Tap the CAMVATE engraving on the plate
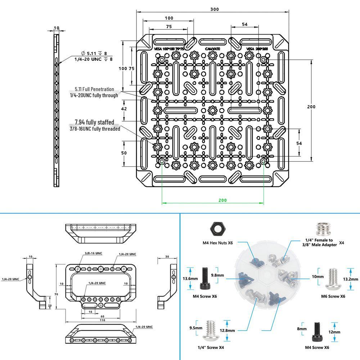pyautogui.click(x=213, y=49)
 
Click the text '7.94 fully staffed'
pyautogui.click(x=94, y=122)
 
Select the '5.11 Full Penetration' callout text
pyautogui.click(x=94, y=89)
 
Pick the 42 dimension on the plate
pyautogui.click(x=124, y=109)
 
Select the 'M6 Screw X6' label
pyautogui.click(x=333, y=296)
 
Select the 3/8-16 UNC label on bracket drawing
pyautogui.click(x=94, y=253)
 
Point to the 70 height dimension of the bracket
pyautogui.click(x=56, y=294)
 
